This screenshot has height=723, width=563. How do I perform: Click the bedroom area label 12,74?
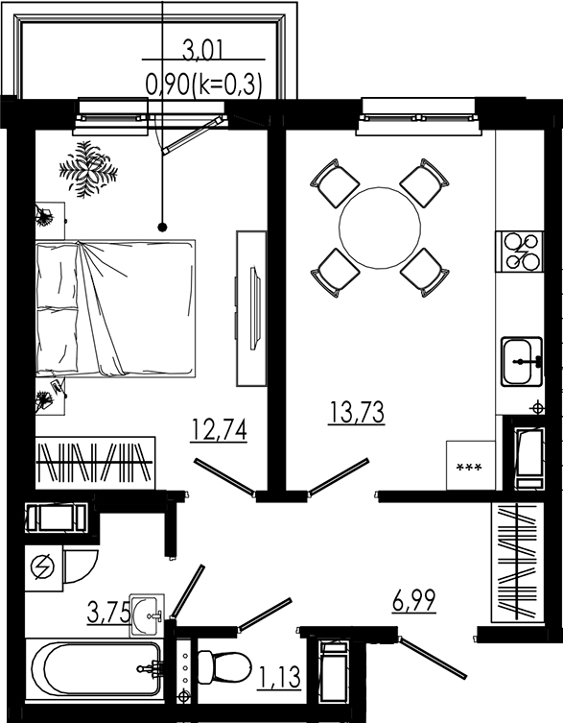[x=220, y=428]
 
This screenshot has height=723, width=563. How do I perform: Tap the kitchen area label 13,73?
[x=356, y=414]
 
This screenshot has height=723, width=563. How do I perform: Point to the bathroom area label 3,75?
[x=106, y=613]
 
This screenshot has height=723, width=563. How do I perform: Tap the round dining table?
[x=381, y=229]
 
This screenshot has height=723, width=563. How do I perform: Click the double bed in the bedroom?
[x=115, y=309]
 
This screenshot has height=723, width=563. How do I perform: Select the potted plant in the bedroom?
[x=88, y=169]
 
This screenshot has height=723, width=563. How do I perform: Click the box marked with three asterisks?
[x=469, y=466]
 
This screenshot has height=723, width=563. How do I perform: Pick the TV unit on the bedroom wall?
[x=251, y=307]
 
